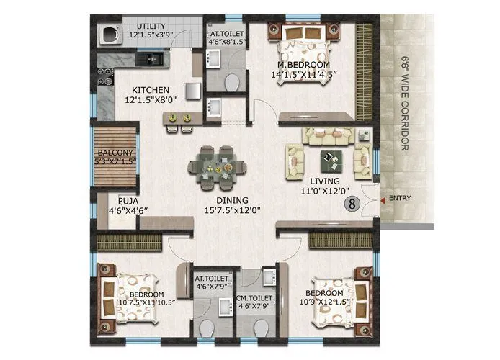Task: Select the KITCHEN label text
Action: (x=150, y=90)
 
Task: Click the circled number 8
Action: (x=352, y=203)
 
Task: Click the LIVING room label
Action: (x=325, y=181)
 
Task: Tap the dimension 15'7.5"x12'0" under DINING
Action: (x=233, y=211)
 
